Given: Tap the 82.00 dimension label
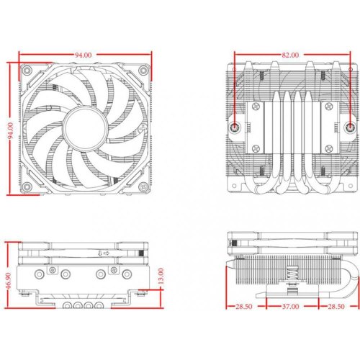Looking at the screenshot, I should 291,55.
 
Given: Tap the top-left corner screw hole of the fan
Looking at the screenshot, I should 27,72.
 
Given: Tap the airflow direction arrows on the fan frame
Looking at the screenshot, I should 102,253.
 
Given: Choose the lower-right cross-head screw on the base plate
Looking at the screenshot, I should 326,147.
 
